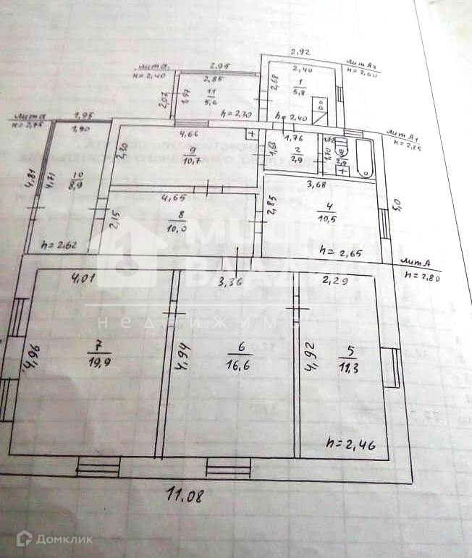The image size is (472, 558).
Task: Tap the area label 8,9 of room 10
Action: coord(75,185)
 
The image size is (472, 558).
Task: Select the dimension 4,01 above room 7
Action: coord(84,276)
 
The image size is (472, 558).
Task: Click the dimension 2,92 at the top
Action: coord(300,51)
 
